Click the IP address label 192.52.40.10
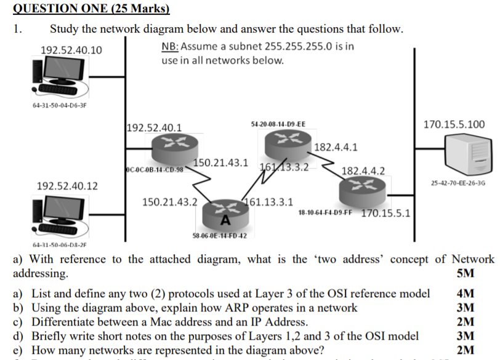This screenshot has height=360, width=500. [71, 50]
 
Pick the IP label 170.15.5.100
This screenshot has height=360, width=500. [454, 124]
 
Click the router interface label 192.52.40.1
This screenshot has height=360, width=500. [154, 128]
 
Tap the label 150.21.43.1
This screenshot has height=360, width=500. [220, 163]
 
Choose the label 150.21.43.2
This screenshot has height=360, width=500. [169, 201]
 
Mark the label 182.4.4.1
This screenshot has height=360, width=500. [336, 148]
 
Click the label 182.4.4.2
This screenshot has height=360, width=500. [363, 170]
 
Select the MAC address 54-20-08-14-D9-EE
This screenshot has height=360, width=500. [278, 124]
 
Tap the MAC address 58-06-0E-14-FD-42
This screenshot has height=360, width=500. [220, 236]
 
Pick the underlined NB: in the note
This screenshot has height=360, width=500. [169, 47]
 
